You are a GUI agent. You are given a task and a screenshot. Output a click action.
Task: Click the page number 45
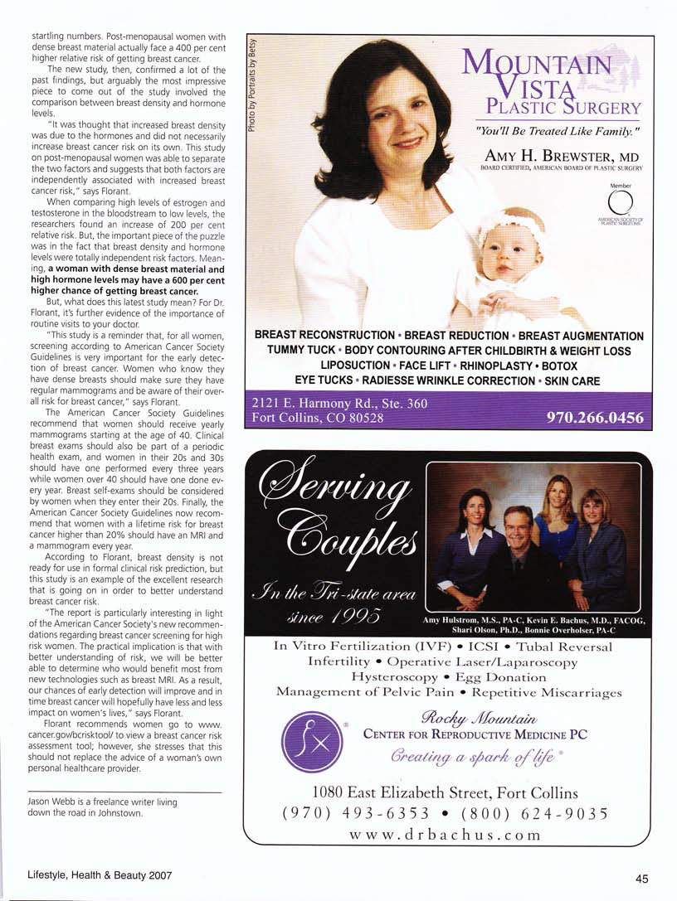641,879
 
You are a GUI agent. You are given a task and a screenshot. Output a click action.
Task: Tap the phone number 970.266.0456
595,418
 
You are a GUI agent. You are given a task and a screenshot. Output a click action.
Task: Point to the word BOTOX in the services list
558,366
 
